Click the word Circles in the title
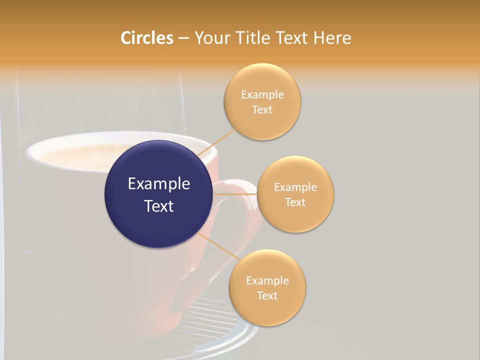coord(146,38)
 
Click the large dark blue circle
coord(158,194)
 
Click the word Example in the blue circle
coord(159,184)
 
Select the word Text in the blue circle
coord(159,205)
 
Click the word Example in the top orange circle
coord(262,95)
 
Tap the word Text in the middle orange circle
coord(295,202)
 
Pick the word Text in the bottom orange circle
coord(267,295)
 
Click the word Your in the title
coord(211,38)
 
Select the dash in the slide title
coord(183,38)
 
